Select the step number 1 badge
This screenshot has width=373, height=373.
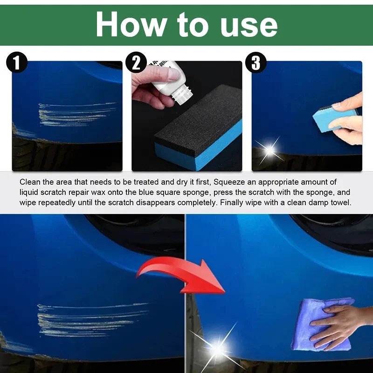click(x=17, y=62)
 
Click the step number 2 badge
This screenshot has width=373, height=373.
click(x=136, y=62)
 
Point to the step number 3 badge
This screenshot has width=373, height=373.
click(x=256, y=62)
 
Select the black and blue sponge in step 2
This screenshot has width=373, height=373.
click(x=198, y=128)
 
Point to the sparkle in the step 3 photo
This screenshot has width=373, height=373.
click(x=269, y=150)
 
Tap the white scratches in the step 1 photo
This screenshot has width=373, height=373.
click(x=75, y=115)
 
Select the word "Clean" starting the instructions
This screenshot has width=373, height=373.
click(x=30, y=182)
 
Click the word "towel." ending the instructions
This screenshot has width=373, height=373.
click(x=341, y=202)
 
